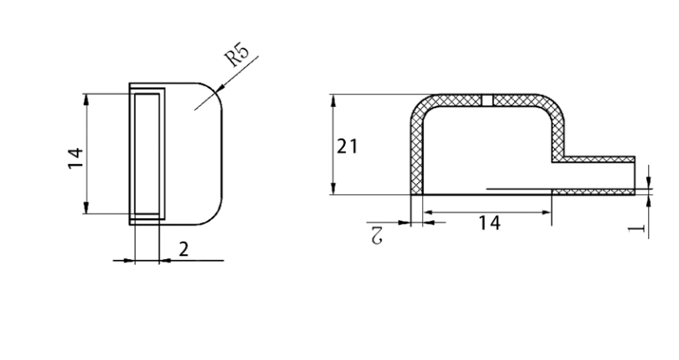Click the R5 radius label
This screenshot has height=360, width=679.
point(239,57)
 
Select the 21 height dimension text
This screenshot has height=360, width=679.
point(347,147)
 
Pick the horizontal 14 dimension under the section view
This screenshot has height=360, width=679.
point(490,222)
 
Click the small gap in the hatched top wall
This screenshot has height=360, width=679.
point(488,100)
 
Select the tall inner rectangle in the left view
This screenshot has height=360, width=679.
point(146,154)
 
